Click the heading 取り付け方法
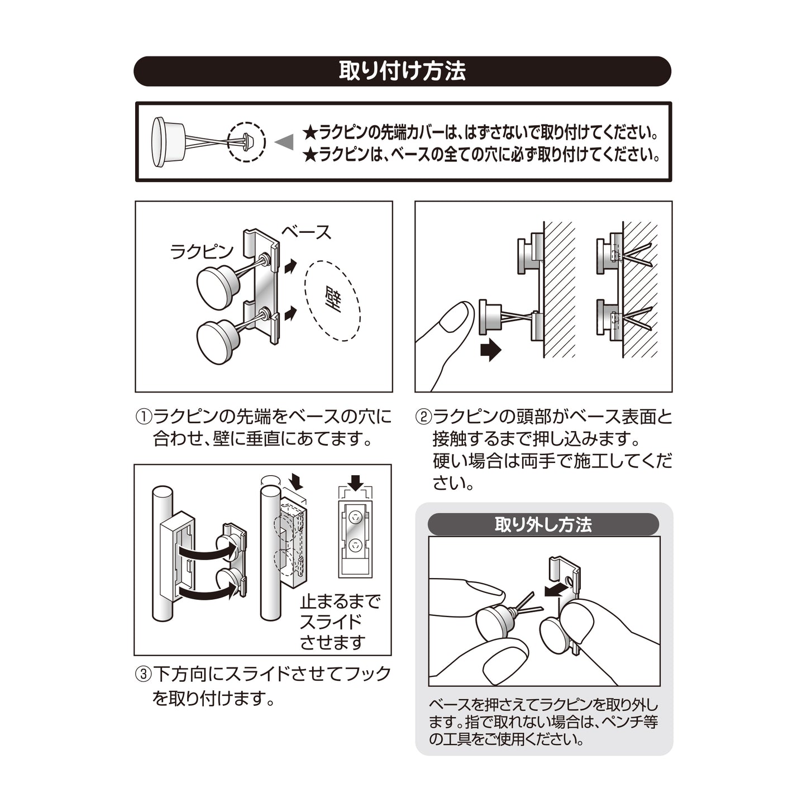tap(402, 71)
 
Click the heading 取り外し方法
tap(543, 525)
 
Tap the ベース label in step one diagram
tap(306, 232)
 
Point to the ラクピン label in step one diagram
tap(202, 252)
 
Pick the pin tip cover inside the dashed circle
tap(247, 141)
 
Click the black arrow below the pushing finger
tap(490, 350)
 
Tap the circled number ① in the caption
tap(143, 417)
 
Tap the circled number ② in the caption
tap(423, 417)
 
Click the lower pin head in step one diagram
tap(218, 341)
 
